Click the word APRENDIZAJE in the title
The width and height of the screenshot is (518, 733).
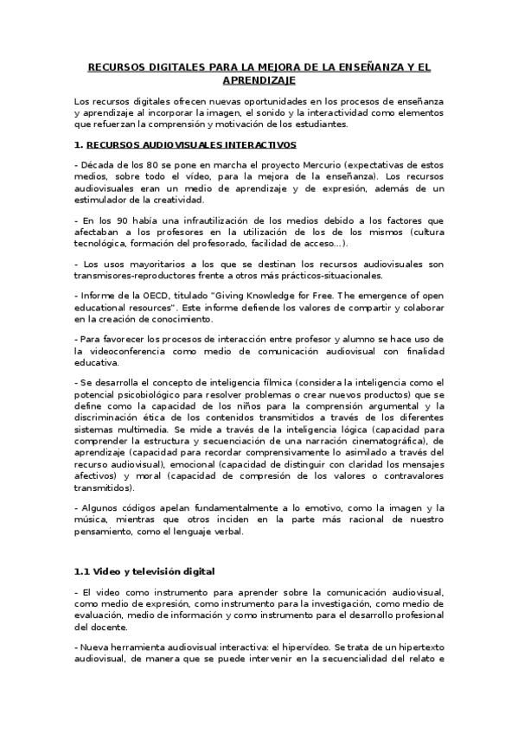pyautogui.click(x=259, y=80)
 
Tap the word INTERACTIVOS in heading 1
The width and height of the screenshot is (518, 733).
pyautogui.click(x=257, y=144)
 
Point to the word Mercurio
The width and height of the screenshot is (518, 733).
pyautogui.click(x=282, y=164)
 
